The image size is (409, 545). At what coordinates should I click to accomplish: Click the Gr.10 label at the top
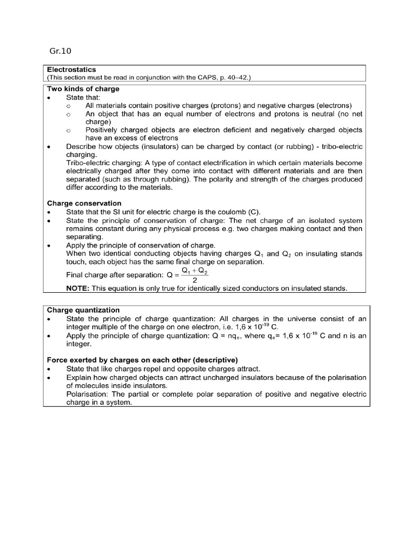pos(60,51)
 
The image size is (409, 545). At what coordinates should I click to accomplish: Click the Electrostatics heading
pos(71,69)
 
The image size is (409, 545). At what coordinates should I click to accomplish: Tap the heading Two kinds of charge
pos(83,89)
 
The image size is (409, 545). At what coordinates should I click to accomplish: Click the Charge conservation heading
pos(84,203)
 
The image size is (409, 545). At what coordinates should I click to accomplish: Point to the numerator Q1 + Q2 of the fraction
pos(195,270)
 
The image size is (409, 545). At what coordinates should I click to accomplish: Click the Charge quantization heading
pos(84,310)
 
